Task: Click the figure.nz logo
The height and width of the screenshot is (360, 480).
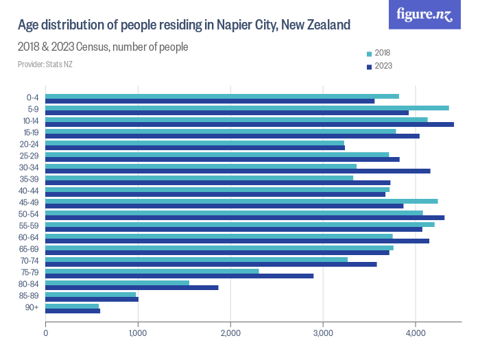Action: (x=424, y=15)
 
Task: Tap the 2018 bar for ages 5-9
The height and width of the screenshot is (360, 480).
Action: (x=247, y=108)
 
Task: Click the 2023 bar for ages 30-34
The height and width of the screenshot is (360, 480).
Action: (x=238, y=171)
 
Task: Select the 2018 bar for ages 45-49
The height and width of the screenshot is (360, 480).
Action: (x=241, y=201)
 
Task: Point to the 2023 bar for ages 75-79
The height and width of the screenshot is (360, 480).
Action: (x=180, y=276)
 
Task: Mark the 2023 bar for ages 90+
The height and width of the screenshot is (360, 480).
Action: (x=73, y=311)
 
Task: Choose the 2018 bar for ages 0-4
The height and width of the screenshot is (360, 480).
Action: (x=222, y=96)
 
